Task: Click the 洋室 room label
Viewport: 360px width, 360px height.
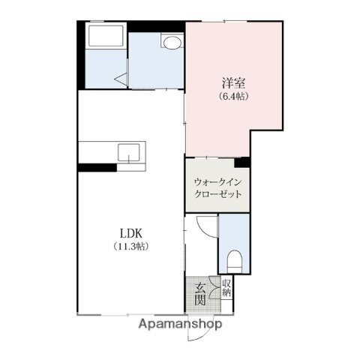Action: (232, 82)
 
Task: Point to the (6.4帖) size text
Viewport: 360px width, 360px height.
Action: (232, 97)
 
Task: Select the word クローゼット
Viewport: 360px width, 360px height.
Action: (217, 194)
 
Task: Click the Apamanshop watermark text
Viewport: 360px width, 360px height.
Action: (179, 324)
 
